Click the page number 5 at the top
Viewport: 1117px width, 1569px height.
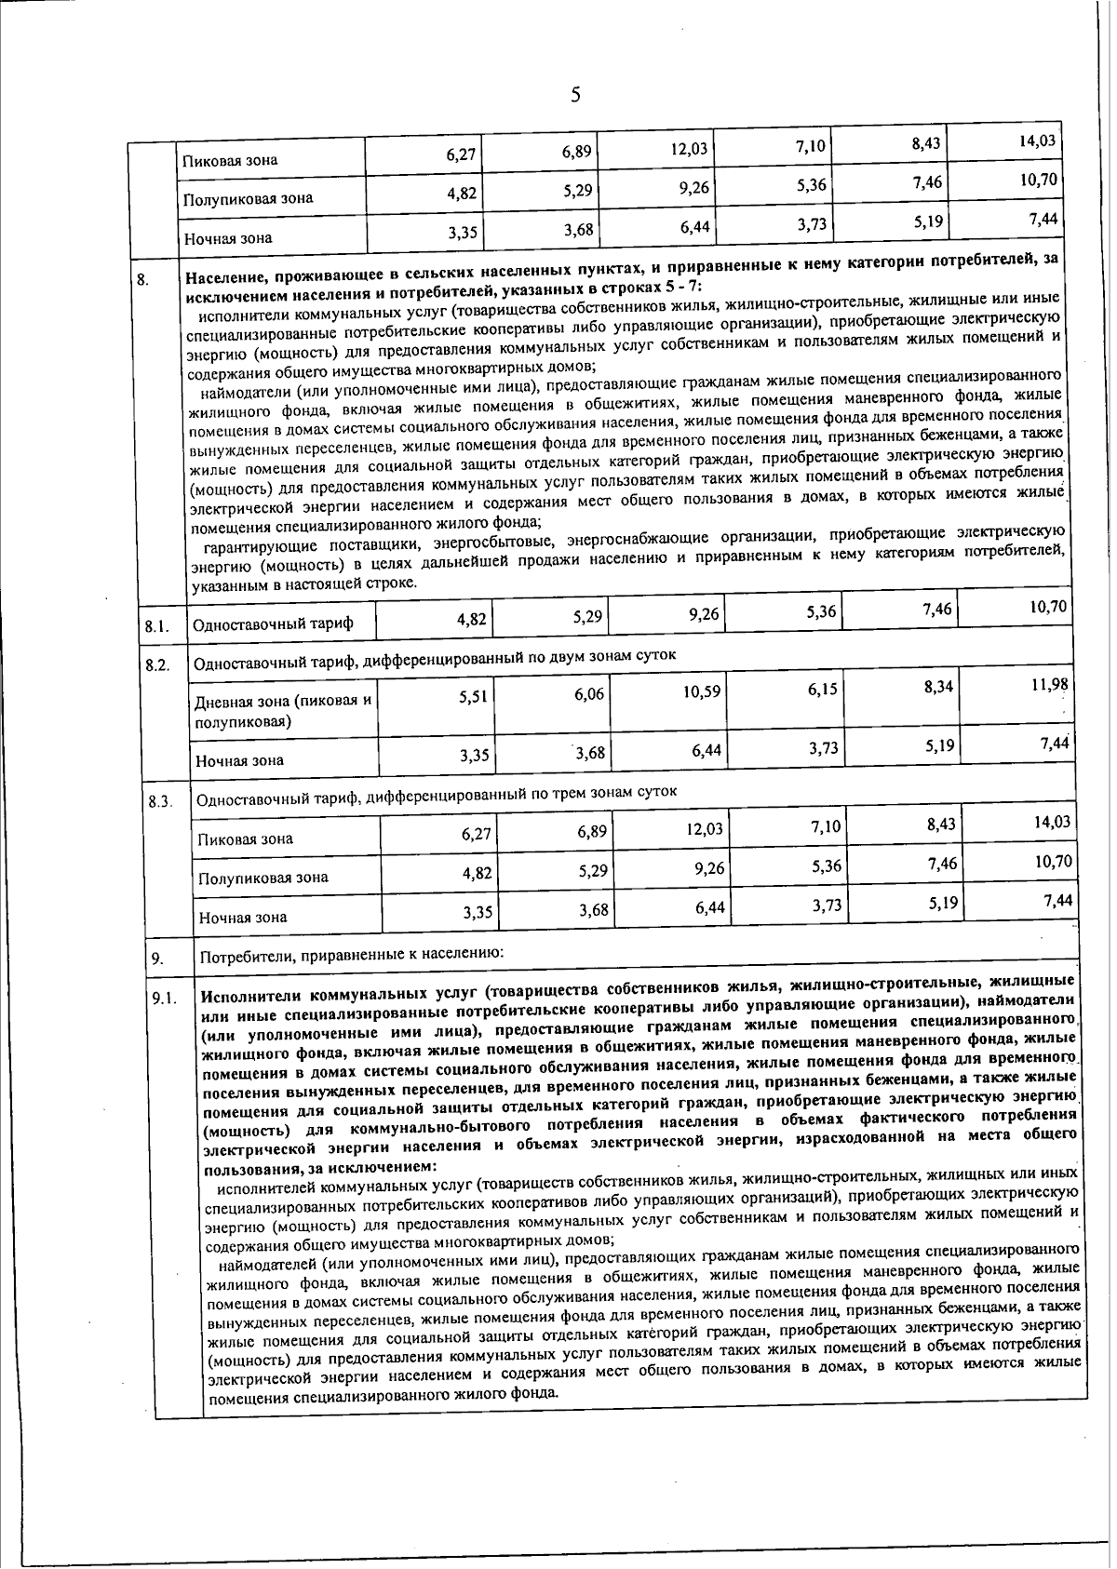(575, 95)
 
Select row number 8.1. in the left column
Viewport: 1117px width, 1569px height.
(156, 626)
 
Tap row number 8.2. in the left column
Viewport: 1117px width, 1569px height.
(157, 666)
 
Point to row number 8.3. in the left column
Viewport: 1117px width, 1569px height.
(160, 801)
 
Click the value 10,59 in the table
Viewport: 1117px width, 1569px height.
(701, 692)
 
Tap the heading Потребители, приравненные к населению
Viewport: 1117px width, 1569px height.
(352, 956)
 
